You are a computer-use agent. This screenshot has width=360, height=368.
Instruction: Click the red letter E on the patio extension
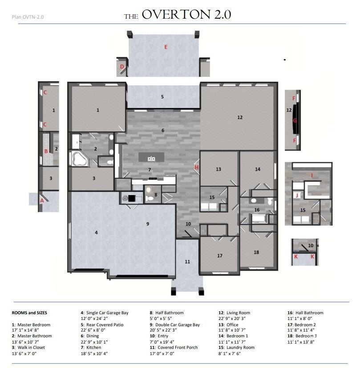pos(166,47)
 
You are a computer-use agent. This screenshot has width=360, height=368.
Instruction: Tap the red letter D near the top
pos(121,67)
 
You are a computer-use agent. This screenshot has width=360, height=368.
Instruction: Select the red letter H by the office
pos(196,167)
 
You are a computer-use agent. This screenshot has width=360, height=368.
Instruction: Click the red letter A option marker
pos(42,200)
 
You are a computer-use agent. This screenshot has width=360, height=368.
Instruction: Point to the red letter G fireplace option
pos(295,120)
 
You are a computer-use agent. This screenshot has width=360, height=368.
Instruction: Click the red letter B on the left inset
pos(45,151)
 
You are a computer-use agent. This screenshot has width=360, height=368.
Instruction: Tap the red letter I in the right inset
pos(311,176)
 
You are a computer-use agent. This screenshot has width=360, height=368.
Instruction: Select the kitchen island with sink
pos(151,158)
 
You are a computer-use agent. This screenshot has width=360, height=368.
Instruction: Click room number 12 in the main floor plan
pos(240,117)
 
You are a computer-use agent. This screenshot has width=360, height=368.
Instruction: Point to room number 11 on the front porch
pos(187,262)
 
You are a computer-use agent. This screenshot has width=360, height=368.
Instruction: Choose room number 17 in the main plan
pos(220,256)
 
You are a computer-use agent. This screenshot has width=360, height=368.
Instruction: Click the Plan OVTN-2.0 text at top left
pos(27,17)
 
